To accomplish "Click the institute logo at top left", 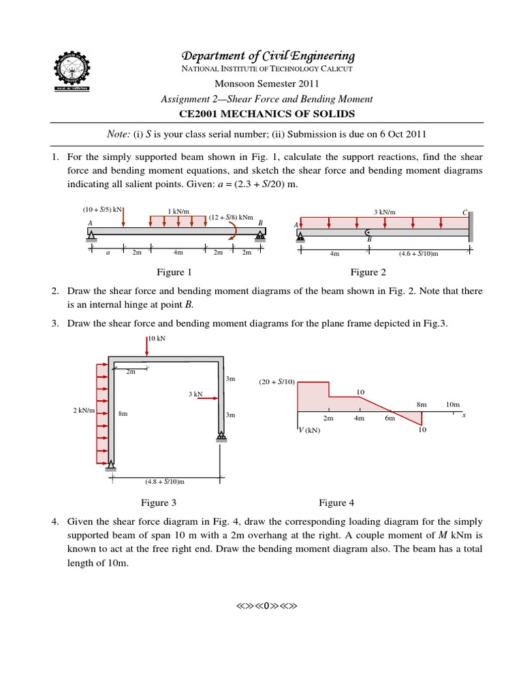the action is (72, 69).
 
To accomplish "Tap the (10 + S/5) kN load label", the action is (102, 210).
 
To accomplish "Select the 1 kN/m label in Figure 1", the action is (178, 212).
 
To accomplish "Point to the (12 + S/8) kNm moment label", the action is (231, 217).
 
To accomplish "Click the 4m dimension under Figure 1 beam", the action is (178, 253).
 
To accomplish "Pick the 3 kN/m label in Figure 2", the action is (385, 212).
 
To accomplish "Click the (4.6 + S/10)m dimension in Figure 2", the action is (418, 254).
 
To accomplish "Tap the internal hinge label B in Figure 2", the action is (369, 239).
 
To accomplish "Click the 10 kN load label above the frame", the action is (157, 339).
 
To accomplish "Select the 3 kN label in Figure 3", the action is (195, 394).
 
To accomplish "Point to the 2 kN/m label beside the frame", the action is (84, 410).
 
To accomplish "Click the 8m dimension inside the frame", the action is (123, 414).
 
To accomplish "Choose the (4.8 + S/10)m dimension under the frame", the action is (165, 481).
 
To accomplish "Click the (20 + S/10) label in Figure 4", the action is (276, 382).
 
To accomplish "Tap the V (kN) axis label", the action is (310, 430).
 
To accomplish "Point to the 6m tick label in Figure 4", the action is (390, 419).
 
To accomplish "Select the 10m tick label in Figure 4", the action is (453, 404).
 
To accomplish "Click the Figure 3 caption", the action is (159, 503).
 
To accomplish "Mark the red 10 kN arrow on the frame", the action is (147, 346).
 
